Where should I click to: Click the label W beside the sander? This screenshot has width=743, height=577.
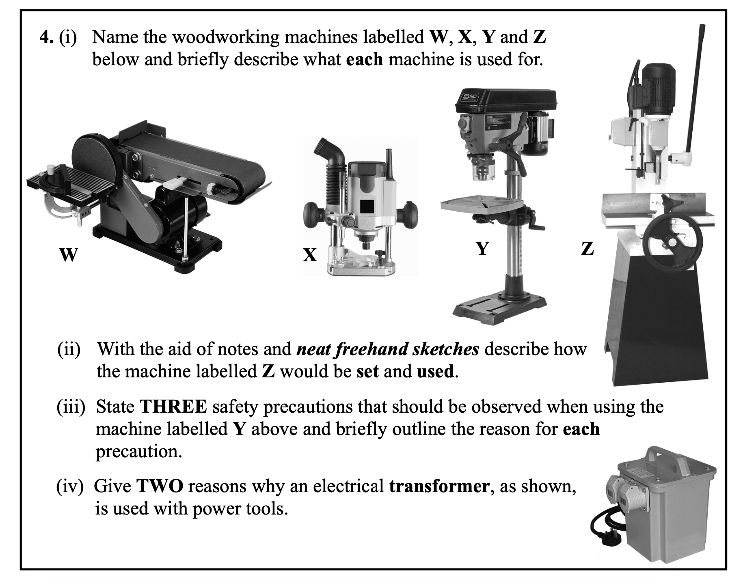[x=68, y=255]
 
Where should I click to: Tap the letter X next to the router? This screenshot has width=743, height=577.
[x=310, y=255]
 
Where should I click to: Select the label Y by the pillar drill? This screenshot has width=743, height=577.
[x=482, y=248]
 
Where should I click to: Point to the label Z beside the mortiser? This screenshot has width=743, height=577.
[x=587, y=248]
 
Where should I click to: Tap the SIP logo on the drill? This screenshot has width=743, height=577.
[x=471, y=97]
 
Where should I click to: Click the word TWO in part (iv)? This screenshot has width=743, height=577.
[x=160, y=486]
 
